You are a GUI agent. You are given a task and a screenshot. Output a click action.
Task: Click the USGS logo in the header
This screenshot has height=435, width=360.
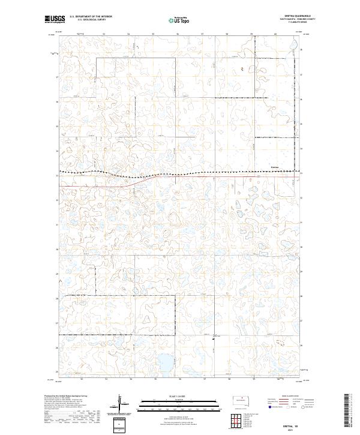click(55, 19)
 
